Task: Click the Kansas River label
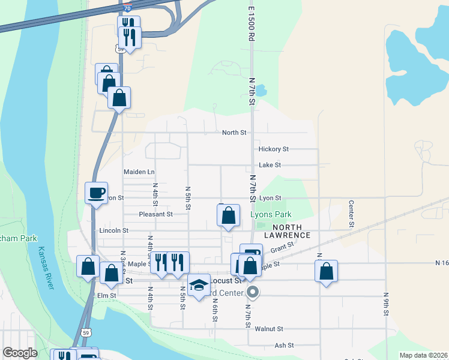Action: tap(46, 268)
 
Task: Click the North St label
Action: tap(234, 133)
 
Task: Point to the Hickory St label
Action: tap(274, 149)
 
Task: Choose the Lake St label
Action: tap(270, 165)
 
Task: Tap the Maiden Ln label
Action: tap(139, 172)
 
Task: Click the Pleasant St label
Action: tap(155, 214)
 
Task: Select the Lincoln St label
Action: tap(113, 230)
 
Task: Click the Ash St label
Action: tap(284, 346)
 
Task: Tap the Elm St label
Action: tap(106, 296)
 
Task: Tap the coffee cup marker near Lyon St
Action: tap(96, 193)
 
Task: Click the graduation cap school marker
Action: tap(199, 286)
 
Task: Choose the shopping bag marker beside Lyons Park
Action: tap(228, 216)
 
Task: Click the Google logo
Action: tap(20, 353)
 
